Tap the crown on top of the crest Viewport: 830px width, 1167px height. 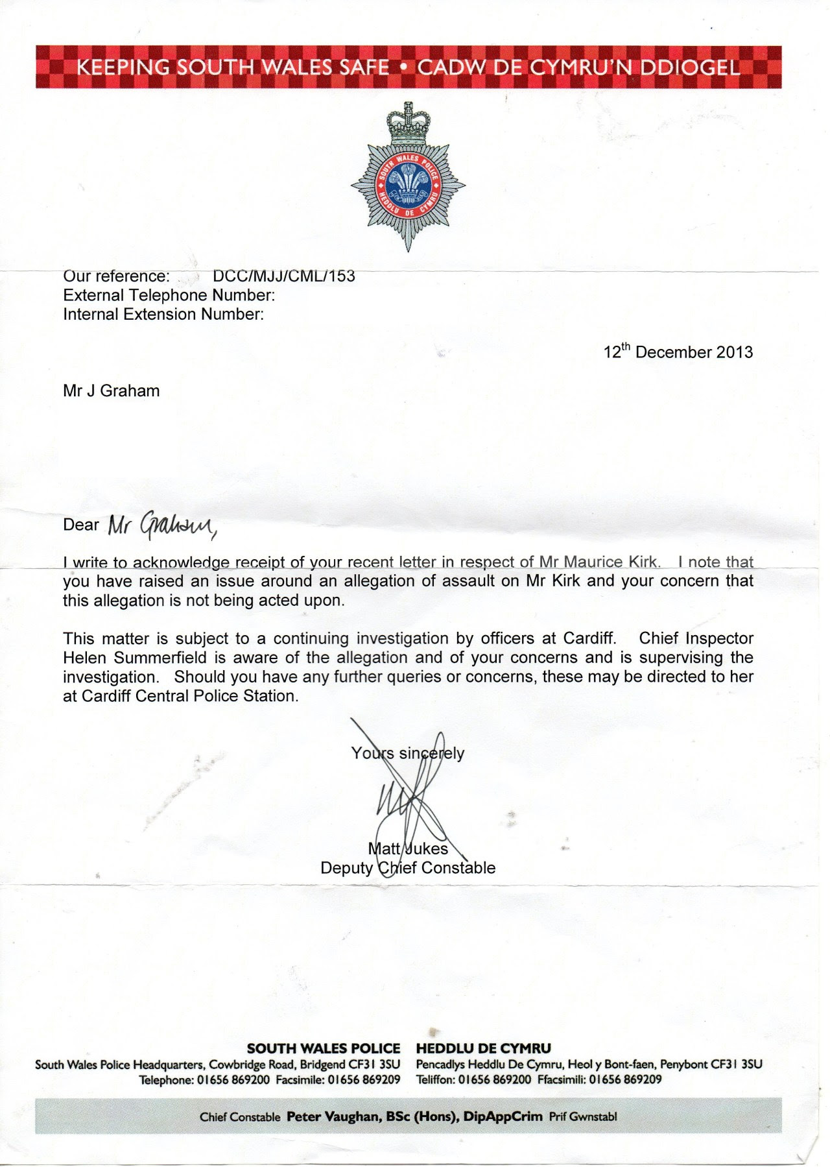coord(408,123)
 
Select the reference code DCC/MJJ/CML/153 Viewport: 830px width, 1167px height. coord(284,276)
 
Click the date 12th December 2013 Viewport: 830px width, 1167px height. coord(678,352)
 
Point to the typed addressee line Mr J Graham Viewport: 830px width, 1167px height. coord(111,391)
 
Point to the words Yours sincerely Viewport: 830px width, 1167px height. coord(408,753)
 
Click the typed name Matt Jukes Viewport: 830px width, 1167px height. coord(408,848)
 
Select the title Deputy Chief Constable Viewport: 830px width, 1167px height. coord(408,868)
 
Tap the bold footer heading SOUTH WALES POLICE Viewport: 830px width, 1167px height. coord(324,1048)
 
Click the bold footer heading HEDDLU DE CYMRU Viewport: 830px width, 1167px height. coord(484,1048)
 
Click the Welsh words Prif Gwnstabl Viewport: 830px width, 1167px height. coord(583,1116)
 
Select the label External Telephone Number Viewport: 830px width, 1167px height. coord(169,295)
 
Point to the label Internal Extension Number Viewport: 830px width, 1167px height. coord(163,315)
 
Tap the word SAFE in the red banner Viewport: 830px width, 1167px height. coord(364,67)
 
